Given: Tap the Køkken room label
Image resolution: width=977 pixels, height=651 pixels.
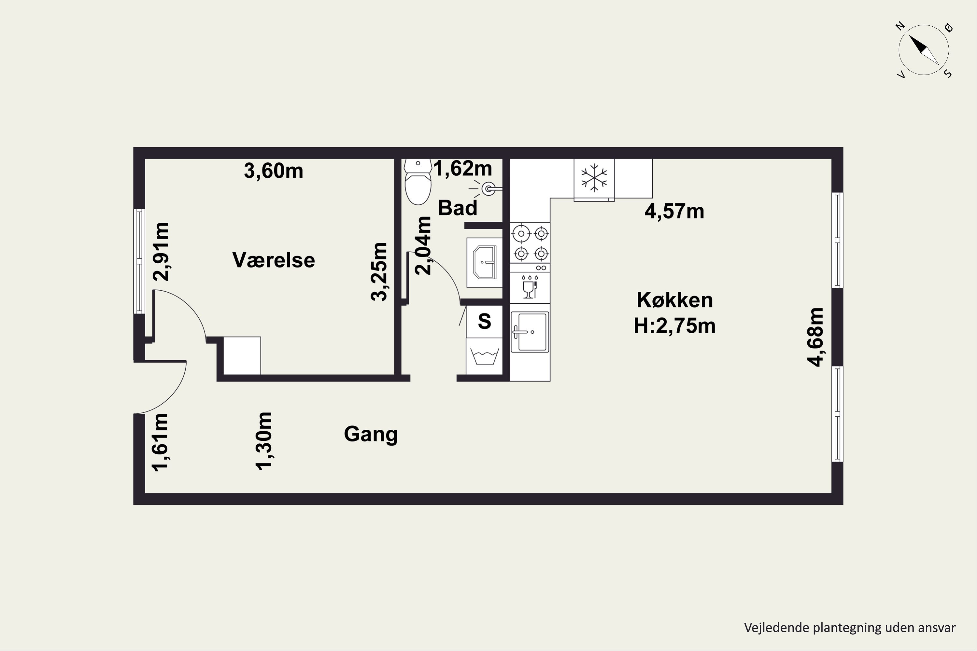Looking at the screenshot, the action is click(674, 300).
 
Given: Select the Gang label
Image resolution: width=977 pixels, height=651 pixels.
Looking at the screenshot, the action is click(371, 435).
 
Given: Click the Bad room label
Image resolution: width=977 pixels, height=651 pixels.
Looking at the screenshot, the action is click(458, 208).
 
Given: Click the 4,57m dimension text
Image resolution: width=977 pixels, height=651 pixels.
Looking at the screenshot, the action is click(674, 211).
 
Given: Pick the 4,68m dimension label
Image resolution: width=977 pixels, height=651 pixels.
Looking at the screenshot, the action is click(815, 337).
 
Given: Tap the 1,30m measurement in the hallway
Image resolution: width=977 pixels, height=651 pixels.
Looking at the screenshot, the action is click(264, 441).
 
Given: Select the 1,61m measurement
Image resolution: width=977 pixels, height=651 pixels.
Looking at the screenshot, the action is click(160, 443).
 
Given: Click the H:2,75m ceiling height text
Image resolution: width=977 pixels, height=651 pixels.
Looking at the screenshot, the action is click(674, 326).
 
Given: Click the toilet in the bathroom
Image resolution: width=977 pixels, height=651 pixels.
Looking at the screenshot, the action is click(418, 182).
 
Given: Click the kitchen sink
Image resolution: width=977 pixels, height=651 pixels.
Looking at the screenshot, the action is click(530, 332).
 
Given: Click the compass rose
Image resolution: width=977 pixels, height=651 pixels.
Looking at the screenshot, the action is click(924, 50).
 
